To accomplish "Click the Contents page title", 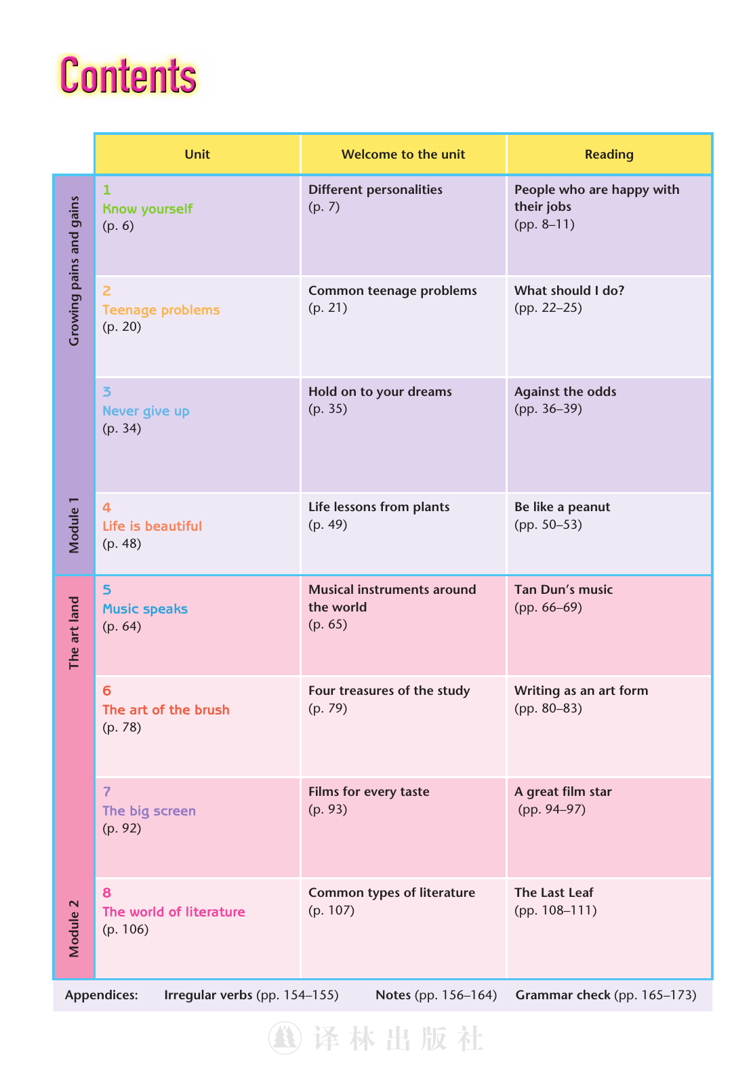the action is point(128,76).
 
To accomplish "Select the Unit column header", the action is point(197,154).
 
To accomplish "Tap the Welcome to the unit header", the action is point(403,154).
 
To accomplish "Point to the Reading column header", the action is point(609,154).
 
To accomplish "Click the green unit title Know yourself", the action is point(147,209).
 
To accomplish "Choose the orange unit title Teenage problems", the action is point(161,310).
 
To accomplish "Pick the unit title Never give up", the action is point(146,411).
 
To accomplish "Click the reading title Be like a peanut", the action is point(562,507).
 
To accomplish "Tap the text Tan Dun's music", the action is point(563,590).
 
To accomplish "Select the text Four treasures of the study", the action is point(389,690).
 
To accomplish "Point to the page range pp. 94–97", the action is point(552,809).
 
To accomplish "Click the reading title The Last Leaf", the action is point(553,892).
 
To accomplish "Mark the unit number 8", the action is point(106,893).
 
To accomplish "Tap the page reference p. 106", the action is point(125,929).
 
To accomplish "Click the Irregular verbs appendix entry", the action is point(251,994).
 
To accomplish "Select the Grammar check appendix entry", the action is point(606,994).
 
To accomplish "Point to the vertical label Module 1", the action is point(74,525).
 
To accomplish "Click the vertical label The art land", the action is point(74,632).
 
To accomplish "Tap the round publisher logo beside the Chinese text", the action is point(285,1038).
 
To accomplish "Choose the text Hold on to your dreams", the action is point(380,392).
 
